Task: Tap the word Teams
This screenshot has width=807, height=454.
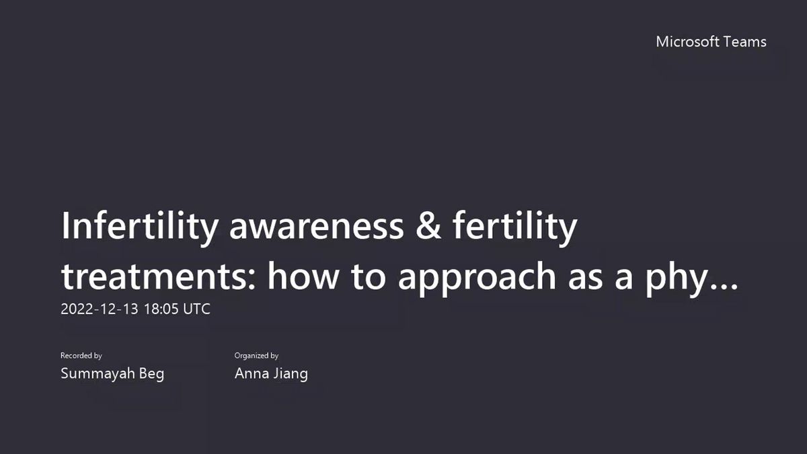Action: coord(744,42)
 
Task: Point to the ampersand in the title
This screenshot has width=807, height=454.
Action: coord(428,226)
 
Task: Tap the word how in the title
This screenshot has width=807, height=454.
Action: coord(303,276)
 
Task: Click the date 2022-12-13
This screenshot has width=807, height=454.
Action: coord(100,309)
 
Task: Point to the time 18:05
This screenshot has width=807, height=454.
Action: coord(161,309)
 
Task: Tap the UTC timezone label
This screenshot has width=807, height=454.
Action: coord(196,309)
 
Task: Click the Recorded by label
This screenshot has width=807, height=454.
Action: coord(81,356)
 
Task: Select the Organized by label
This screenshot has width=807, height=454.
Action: coord(256,356)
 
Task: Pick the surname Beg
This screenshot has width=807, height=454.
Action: coord(152,374)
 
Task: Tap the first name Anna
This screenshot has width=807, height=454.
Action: coord(252,373)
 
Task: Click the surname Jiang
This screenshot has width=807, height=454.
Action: coord(291,374)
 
